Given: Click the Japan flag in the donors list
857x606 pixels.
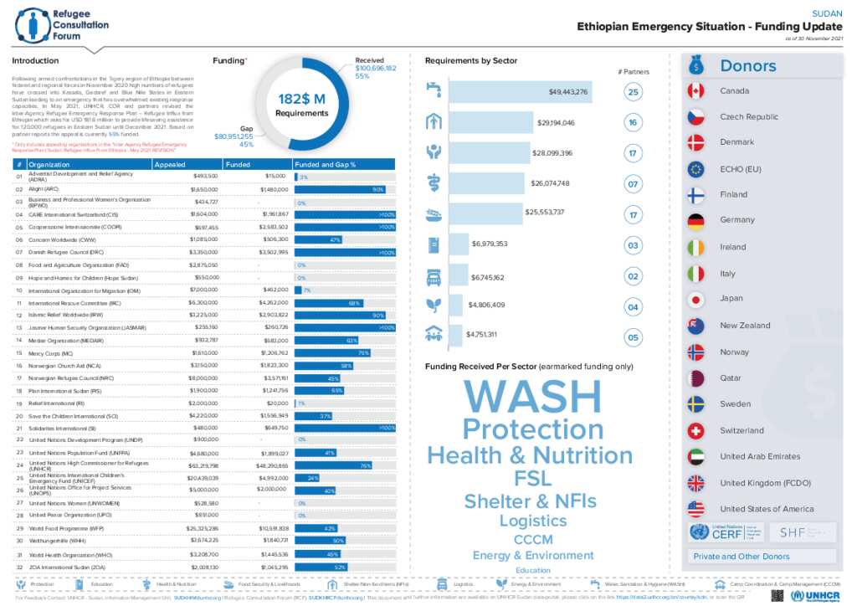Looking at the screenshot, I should coord(695,300).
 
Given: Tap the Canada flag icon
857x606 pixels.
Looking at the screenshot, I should coord(695,90).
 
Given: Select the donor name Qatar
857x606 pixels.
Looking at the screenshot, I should coord(731,378).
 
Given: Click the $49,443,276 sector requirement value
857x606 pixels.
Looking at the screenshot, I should coord(568,91).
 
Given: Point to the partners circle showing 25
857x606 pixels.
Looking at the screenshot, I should coord(634,93).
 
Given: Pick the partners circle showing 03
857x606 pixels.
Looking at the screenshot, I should coord(634,245).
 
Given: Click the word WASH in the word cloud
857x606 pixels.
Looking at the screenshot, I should coord(532,396).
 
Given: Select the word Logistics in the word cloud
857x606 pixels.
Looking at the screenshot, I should coord(533,521).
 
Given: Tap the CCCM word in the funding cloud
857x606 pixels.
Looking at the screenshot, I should coord(533,539).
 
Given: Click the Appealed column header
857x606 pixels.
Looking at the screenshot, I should coord(171,165).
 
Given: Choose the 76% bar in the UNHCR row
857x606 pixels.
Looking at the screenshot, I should coord(334,465).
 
